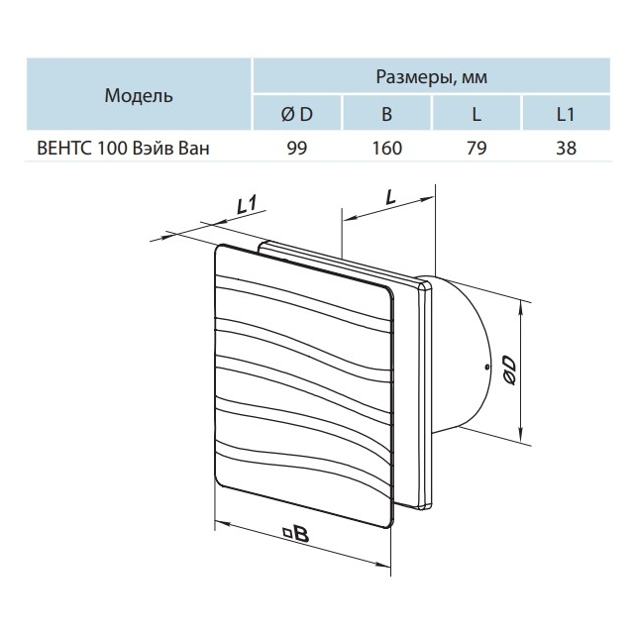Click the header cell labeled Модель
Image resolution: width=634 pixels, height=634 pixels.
point(139,95)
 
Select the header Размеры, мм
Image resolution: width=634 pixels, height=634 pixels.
point(432,76)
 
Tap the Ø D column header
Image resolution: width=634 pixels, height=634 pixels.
point(297,114)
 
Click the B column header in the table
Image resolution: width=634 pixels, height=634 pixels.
point(386,114)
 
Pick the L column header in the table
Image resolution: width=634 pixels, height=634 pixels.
point(476,114)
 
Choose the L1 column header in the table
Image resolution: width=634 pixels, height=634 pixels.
point(566,114)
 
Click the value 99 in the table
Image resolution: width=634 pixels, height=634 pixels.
point(297,148)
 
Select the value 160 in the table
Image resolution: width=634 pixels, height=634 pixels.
point(386,148)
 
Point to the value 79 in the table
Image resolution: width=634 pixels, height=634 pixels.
point(476,148)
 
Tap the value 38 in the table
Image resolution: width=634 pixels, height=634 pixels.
point(566,148)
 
